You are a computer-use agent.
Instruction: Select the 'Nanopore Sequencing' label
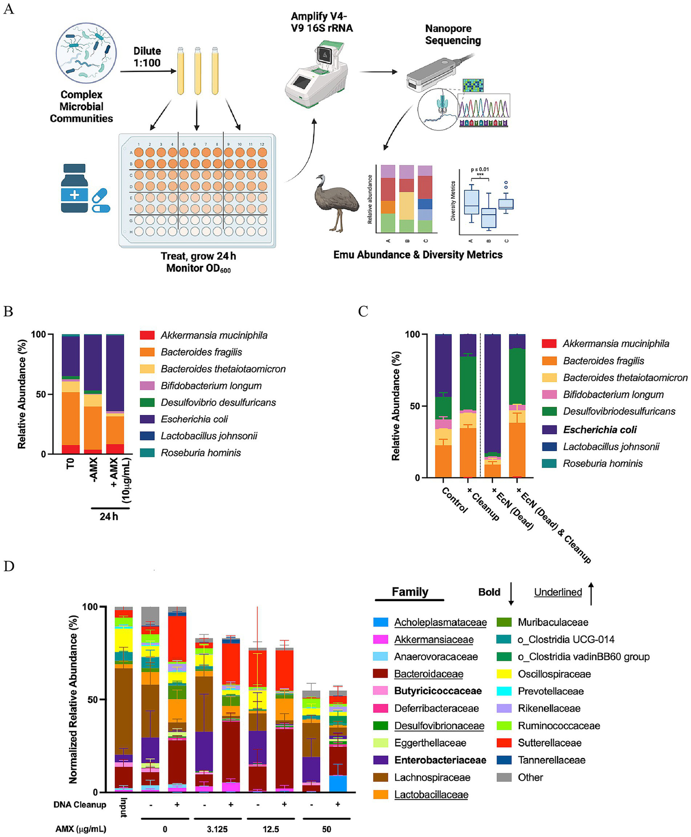453,35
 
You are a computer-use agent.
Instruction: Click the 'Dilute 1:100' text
147,57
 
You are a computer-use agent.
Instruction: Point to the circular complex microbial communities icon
86,54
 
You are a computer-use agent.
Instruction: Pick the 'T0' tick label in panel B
70,463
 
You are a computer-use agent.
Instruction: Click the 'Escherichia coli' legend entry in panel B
194,419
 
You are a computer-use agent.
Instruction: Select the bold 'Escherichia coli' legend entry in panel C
600,430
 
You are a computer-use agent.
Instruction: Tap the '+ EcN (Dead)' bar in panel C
492,405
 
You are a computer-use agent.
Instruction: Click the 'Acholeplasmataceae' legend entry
440,622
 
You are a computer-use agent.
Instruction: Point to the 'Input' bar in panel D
123,702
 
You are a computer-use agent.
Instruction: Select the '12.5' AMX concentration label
271,829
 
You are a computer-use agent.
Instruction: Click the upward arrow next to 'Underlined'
591,593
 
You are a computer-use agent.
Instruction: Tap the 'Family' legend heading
410,592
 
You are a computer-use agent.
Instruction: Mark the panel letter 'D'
9,566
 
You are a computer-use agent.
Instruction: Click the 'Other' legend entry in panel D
530,777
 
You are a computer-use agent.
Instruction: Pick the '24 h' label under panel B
109,516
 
